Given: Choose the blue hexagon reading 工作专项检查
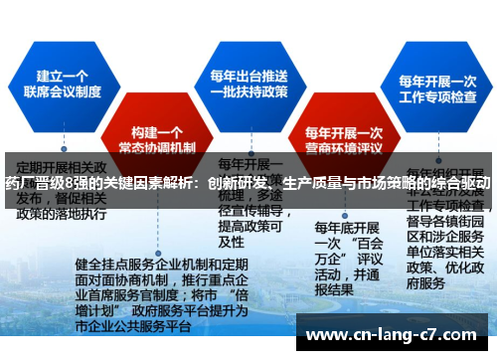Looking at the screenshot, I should pos(437,90).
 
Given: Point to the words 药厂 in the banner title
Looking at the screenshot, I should pos(17,184).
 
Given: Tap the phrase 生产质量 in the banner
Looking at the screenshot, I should pos(315,184).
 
